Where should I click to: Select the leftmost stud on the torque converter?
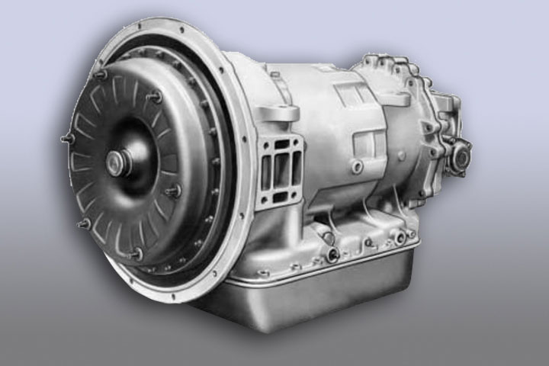[66, 140]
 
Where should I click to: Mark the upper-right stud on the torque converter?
[156, 97]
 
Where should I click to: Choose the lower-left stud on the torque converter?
[85, 223]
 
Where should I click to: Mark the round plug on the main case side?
[355, 165]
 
